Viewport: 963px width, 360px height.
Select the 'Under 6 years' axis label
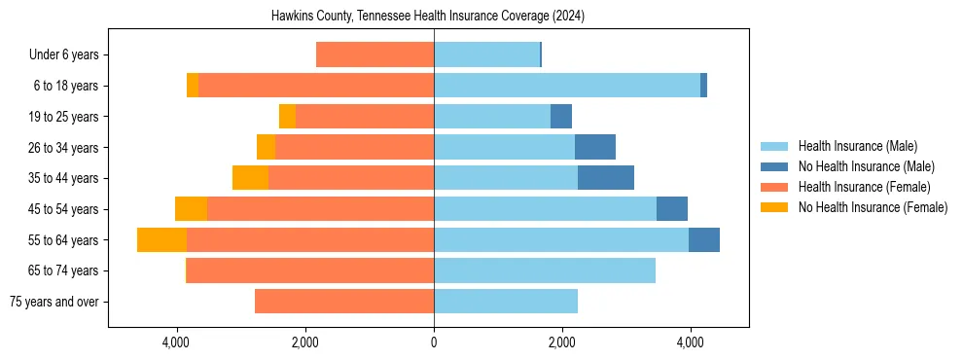click(x=63, y=54)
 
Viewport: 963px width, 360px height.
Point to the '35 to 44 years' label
click(x=64, y=178)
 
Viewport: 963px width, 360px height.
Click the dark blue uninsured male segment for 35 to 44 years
click(x=606, y=178)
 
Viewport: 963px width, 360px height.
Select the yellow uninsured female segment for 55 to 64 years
click(x=161, y=239)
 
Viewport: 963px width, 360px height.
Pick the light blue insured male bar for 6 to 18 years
click(x=567, y=86)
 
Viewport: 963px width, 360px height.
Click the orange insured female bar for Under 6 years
click(x=374, y=54)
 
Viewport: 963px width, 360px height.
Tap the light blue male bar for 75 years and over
click(x=506, y=302)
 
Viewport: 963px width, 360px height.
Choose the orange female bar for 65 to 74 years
click(x=310, y=270)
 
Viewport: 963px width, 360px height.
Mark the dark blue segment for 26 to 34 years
click(x=595, y=147)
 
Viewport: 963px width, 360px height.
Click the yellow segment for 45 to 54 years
click(x=191, y=209)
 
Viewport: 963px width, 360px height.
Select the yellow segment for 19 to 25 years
click(x=287, y=117)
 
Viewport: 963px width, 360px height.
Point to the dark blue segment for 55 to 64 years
click(x=704, y=239)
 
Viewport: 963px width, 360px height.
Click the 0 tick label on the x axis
click(x=434, y=342)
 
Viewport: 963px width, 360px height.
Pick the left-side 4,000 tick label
click(x=176, y=342)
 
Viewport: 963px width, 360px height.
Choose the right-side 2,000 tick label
click(x=562, y=342)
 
